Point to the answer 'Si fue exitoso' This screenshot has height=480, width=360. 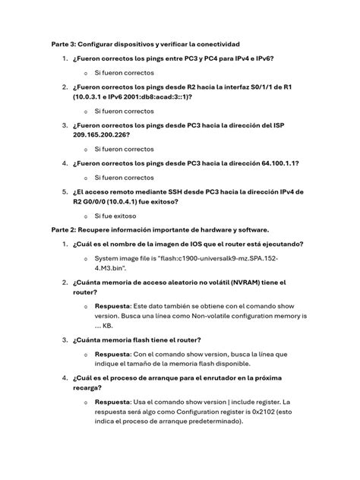(x=115, y=216)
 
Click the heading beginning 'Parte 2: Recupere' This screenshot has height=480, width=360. (x=160, y=229)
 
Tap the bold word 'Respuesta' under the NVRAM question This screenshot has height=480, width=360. (x=112, y=304)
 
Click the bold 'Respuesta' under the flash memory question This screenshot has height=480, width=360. (x=112, y=353)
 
